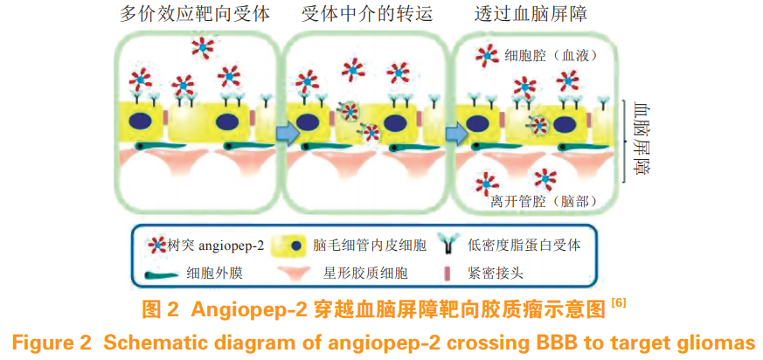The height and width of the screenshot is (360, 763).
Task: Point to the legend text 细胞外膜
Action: click(214, 273)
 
